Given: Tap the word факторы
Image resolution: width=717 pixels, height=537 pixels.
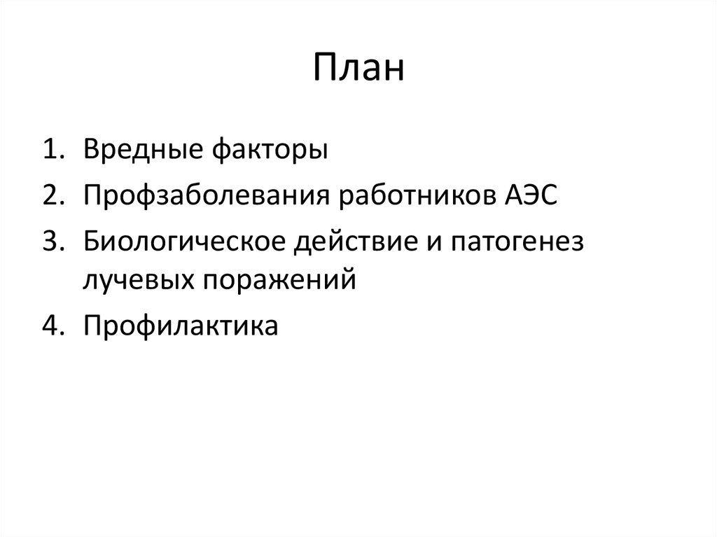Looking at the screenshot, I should tap(267, 150).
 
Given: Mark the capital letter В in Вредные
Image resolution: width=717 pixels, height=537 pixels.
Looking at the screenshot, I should tap(91, 149).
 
